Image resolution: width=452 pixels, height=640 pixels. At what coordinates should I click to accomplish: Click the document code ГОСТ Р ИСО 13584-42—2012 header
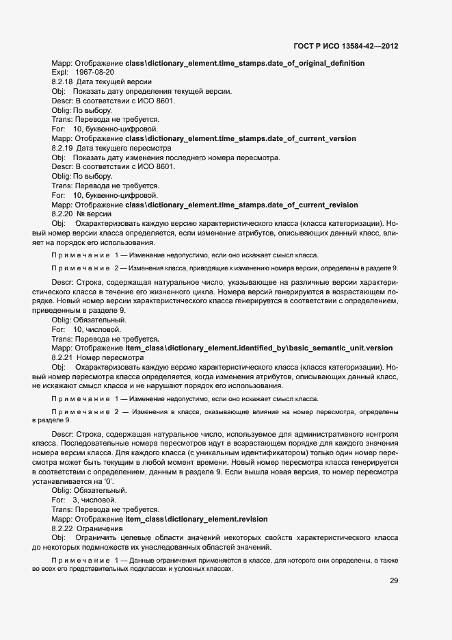(x=345, y=47)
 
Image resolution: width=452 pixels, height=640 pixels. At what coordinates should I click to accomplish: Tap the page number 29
(x=394, y=580)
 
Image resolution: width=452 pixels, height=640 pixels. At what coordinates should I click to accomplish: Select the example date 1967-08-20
(x=95, y=72)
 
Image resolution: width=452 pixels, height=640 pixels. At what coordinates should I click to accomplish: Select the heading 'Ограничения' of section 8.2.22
(x=100, y=528)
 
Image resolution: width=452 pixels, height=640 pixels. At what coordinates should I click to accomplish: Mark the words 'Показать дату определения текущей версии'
(x=152, y=91)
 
